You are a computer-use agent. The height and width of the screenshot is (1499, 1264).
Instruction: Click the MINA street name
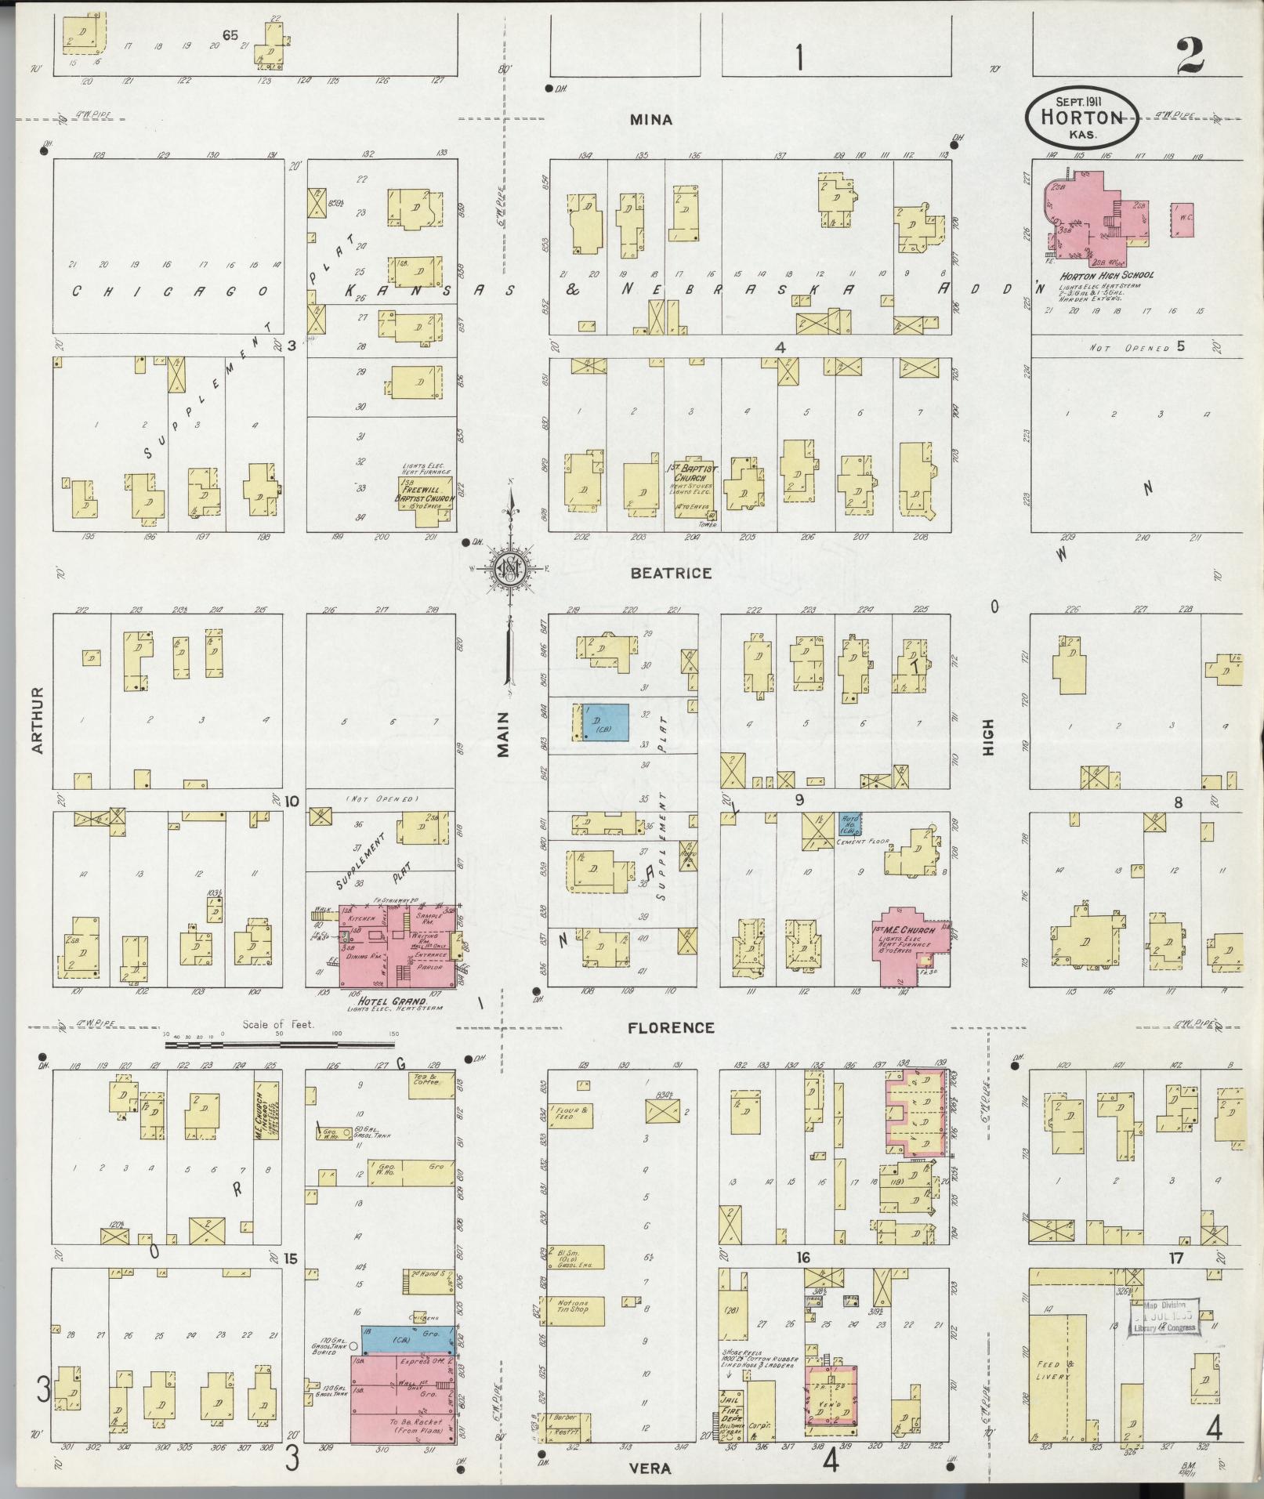pyautogui.click(x=651, y=120)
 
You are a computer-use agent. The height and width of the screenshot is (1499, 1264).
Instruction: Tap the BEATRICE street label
pyautogui.click(x=672, y=573)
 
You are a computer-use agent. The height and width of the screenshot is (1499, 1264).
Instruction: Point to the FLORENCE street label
pyautogui.click(x=670, y=1027)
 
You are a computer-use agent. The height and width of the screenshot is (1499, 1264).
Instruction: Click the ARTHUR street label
pyautogui.click(x=37, y=721)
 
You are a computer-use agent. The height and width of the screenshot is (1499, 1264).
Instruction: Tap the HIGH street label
pyautogui.click(x=989, y=737)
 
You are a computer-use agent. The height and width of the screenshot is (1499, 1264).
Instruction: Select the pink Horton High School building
pyautogui.click(x=1093, y=215)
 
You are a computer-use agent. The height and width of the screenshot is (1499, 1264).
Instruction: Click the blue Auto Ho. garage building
pyautogui.click(x=851, y=823)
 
